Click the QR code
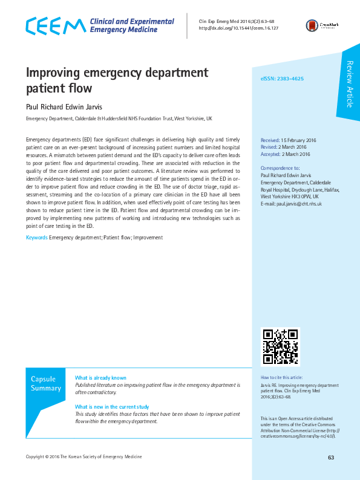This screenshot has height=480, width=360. (280, 347)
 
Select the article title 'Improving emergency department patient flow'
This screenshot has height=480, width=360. (117, 80)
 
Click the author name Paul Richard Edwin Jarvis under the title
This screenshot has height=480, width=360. (66, 106)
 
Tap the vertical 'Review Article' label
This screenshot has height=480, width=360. (349, 85)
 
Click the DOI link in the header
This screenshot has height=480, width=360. (238, 28)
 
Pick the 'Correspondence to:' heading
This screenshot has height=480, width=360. (280, 167)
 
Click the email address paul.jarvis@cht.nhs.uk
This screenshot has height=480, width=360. (298, 204)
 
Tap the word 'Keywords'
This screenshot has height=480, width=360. (36, 238)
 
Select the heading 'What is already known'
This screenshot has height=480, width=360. (100, 378)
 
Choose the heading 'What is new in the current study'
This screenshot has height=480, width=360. (112, 407)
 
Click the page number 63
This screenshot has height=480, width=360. (331, 457)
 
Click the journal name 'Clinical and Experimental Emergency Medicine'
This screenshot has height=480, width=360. (131, 25)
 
